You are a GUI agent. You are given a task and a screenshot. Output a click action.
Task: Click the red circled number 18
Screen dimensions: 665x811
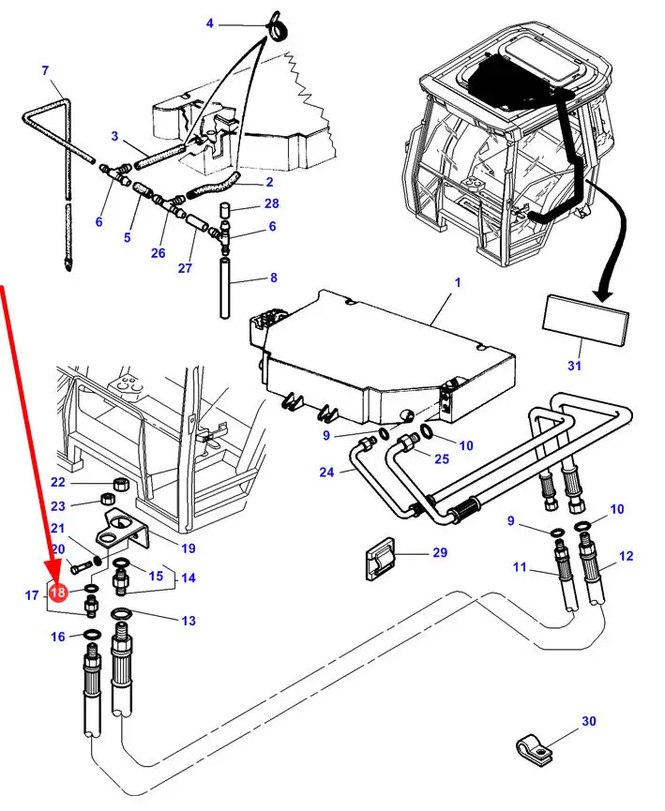click(58, 592)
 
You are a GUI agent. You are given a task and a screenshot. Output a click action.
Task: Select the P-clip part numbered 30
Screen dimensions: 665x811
click(532, 747)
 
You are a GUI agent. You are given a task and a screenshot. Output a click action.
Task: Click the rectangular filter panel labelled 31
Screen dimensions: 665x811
click(585, 319)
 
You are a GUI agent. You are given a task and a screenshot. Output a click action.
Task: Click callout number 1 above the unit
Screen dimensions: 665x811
click(458, 282)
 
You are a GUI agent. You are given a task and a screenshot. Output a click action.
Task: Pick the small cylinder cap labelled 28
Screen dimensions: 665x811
click(225, 211)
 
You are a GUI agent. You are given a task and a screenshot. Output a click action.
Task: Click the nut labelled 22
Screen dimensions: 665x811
click(121, 485)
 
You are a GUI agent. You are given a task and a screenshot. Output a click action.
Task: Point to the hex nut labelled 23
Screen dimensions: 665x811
click(107, 500)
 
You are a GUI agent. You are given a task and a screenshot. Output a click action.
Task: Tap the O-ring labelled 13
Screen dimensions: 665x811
click(121, 613)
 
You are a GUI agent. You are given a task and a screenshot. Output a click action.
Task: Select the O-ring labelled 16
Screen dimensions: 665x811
click(92, 634)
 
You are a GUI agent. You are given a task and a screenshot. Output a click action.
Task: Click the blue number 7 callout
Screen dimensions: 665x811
click(46, 69)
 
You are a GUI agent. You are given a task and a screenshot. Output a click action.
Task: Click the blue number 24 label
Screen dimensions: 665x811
click(326, 472)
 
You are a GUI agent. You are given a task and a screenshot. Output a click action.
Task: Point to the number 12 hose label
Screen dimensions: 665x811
click(627, 555)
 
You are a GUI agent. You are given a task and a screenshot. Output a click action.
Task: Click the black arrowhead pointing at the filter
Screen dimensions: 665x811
click(602, 293)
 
